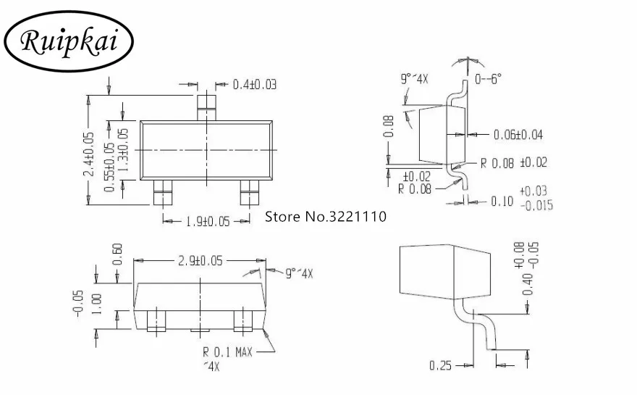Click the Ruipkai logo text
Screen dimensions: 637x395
pos(69,41)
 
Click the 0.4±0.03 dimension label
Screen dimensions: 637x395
pos(254,85)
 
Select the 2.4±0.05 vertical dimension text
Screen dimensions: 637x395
pos(89,154)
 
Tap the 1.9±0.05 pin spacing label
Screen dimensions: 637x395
pos(208,221)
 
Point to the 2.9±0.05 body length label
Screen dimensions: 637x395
pos(201,260)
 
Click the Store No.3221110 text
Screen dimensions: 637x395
pos(326,217)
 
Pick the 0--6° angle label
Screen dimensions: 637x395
pos(488,78)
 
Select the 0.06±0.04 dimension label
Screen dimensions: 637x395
pos(518,135)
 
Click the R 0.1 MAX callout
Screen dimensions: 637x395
pos(227,352)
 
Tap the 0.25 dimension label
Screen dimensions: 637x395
pos(440,365)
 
